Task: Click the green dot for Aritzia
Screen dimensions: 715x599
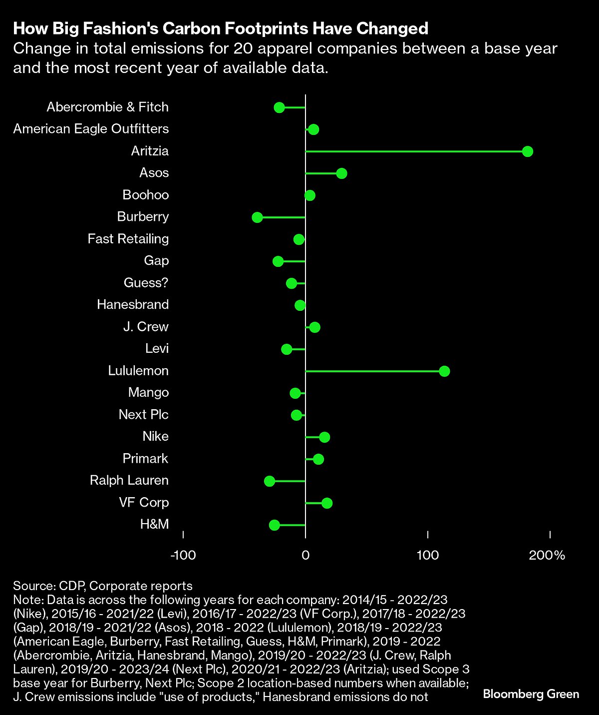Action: (x=527, y=151)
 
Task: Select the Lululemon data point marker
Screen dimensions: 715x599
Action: (x=444, y=371)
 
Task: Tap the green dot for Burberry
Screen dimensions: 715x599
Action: (x=258, y=217)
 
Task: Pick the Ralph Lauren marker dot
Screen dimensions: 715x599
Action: (x=270, y=481)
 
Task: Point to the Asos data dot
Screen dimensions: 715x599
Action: (x=341, y=173)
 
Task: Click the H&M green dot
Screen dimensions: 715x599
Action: (x=274, y=525)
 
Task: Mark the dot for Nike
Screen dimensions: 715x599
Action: (x=324, y=437)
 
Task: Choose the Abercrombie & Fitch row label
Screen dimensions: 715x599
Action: (x=107, y=107)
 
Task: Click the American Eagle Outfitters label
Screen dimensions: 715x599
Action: (x=91, y=129)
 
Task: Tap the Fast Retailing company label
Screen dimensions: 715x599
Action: (x=128, y=239)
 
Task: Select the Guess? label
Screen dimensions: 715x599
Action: (x=146, y=283)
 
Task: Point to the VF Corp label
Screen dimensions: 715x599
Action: (x=144, y=503)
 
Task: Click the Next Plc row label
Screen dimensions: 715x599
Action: (x=143, y=415)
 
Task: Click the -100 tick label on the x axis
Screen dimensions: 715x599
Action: (x=183, y=555)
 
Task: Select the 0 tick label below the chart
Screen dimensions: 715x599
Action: (x=305, y=555)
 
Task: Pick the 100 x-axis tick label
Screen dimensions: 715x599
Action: (x=428, y=555)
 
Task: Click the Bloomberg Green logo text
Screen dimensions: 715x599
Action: (x=531, y=694)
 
